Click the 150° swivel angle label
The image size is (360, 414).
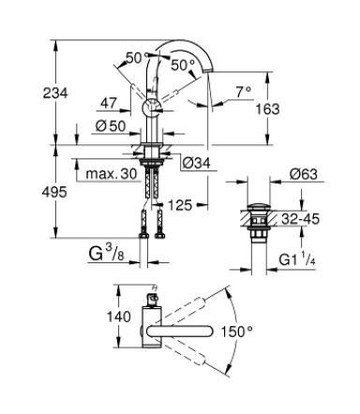tap(265, 332)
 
